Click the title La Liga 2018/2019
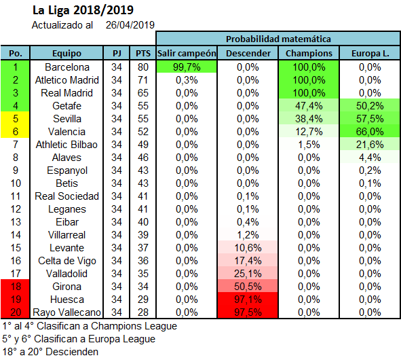point(83,10)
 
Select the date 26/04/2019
point(130,25)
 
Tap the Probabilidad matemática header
point(278,39)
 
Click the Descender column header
point(248,53)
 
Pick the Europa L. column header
point(370,53)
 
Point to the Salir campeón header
point(187,53)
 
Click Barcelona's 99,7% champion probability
point(187,67)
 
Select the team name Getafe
point(66,106)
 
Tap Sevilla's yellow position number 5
point(16,119)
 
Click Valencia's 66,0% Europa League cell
point(370,132)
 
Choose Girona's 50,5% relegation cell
point(248,287)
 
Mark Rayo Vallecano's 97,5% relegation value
point(248,312)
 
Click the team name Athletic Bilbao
point(66,145)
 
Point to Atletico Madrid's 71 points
point(142,80)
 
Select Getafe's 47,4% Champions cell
point(309,106)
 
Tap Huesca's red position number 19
point(16,300)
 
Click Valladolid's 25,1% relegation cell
point(248,274)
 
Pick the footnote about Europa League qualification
point(79,339)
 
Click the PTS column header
point(143,53)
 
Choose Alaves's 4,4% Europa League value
point(370,158)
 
